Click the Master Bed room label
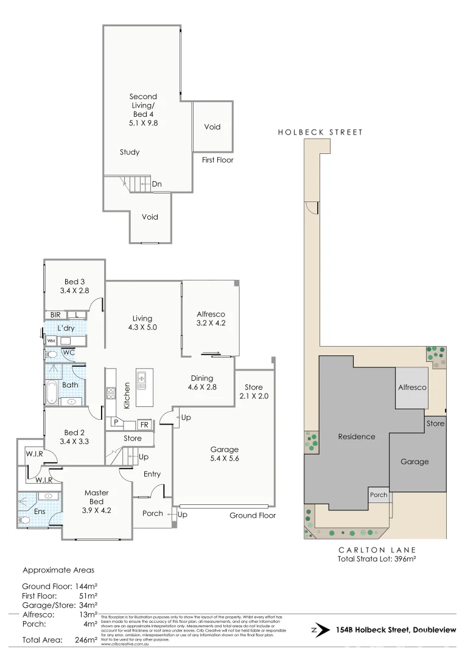[97, 497]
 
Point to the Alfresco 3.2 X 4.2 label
[211, 319]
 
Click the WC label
[69, 353]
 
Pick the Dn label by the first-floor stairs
[157, 184]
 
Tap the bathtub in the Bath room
[51, 392]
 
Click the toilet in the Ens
[25, 520]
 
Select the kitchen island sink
[142, 380]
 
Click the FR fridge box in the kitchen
[144, 424]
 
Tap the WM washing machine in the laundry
[51, 341]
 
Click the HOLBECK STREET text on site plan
[320, 132]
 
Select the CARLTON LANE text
[377, 549]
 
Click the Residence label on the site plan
[357, 436]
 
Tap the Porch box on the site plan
[379, 495]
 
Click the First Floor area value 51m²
[88, 596]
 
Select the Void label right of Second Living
[212, 127]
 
